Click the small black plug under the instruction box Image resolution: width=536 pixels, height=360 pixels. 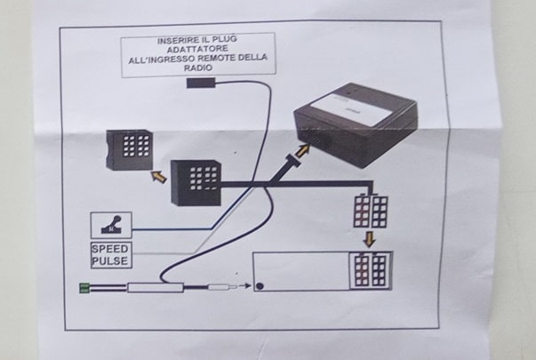point(201,84)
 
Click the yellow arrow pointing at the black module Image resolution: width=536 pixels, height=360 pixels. point(304,151)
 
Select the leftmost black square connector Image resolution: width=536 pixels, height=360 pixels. point(129,149)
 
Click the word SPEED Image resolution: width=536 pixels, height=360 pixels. point(110,249)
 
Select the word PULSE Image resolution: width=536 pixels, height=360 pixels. point(110,261)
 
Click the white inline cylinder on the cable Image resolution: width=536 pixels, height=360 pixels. point(156,287)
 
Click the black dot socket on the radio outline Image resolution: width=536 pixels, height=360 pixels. point(260,286)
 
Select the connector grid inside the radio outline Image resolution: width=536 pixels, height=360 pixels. point(368,268)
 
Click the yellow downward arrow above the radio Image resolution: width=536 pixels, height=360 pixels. point(369,239)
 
